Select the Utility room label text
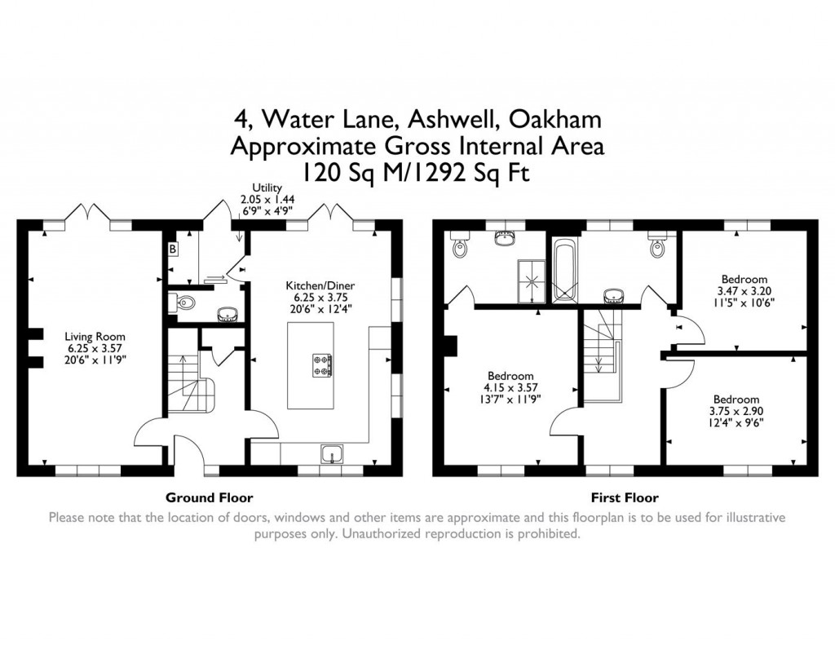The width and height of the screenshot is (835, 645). click(267, 188)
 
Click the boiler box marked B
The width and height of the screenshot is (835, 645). click(173, 248)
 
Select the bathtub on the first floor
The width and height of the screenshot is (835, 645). click(563, 269)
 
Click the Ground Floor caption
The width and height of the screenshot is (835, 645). click(209, 497)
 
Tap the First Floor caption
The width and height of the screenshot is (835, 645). click(624, 497)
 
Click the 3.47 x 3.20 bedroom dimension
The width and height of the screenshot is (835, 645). click(744, 290)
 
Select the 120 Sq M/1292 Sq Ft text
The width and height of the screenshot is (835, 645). click(417, 172)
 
